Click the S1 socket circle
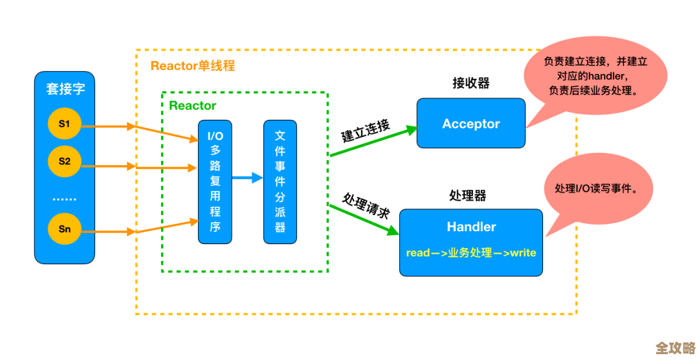[65, 124]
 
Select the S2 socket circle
[65, 161]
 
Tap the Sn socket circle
[65, 229]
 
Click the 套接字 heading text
[65, 89]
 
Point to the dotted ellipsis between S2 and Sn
[64, 199]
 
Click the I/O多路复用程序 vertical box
[215, 182]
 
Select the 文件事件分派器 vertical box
[280, 182]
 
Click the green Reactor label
[192, 106]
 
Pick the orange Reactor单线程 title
[192, 66]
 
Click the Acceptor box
[471, 124]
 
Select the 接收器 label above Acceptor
[471, 83]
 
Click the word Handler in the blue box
[471, 227]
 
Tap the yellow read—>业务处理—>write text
[471, 253]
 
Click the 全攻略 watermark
[674, 348]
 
